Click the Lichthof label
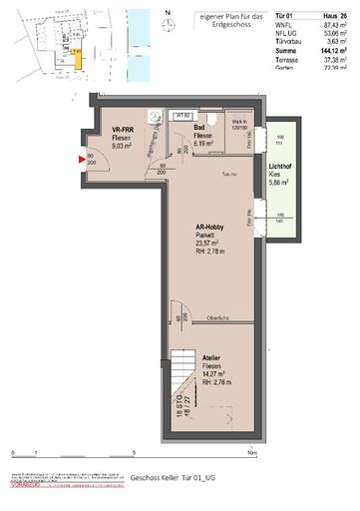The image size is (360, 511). coord(280,167)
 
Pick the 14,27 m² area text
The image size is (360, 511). coord(211,373)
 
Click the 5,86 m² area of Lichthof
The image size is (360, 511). coord(280,184)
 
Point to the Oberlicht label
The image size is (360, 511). coord(217,318)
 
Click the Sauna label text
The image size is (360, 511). coord(201,173)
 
